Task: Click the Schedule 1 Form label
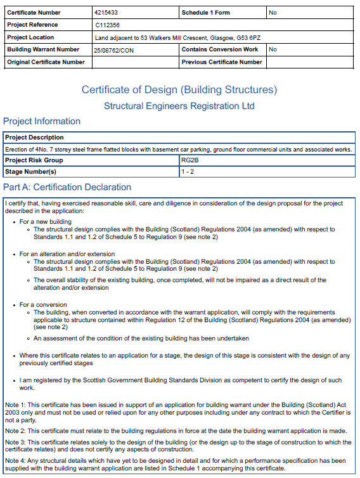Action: (206, 13)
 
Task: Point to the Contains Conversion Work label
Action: (219, 49)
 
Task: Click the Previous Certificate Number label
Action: (221, 62)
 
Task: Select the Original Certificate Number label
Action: (46, 62)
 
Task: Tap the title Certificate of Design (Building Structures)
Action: (179, 89)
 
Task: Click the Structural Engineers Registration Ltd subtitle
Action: (179, 106)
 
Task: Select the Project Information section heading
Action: (42, 121)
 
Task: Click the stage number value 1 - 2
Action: (188, 172)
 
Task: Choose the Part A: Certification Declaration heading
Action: (67, 188)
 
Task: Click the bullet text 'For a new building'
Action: (46, 221)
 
